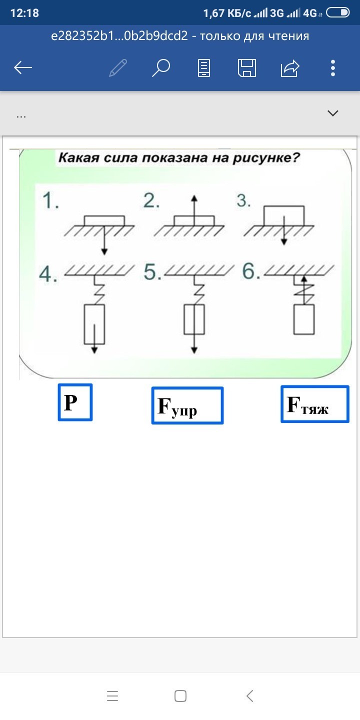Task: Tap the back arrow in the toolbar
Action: [x=23, y=67]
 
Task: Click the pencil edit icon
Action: [x=118, y=67]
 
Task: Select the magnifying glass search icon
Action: [x=161, y=67]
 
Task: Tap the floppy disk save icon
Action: [x=247, y=67]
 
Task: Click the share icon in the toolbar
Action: [x=290, y=67]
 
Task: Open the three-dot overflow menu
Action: [x=333, y=67]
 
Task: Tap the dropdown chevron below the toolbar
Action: [x=333, y=113]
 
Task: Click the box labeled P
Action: [x=75, y=402]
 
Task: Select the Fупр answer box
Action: [x=187, y=405]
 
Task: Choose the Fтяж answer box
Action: [x=314, y=404]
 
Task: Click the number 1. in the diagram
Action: [x=50, y=201]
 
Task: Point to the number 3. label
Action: [x=243, y=201]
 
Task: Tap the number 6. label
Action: [x=251, y=272]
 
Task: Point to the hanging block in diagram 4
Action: [x=94, y=324]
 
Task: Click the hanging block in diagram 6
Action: [x=304, y=319]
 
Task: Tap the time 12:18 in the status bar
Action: [x=24, y=13]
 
